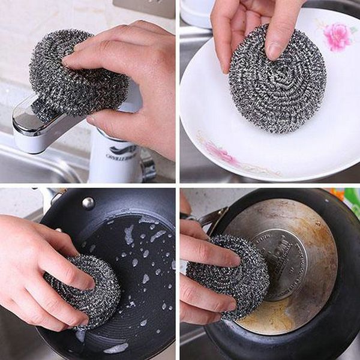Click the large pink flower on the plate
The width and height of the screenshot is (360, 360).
(338, 36)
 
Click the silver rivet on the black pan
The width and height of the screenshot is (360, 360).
(88, 203)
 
